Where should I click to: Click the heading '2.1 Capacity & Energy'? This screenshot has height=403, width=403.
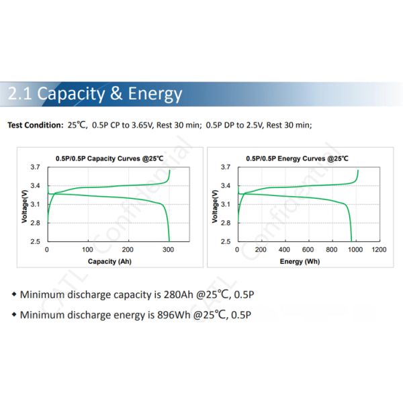pos(94,93)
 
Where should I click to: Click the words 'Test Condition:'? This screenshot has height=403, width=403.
pos(36,125)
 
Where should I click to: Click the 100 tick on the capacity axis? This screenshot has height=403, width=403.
pos(87,250)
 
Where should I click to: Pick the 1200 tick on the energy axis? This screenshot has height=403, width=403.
pos(379,250)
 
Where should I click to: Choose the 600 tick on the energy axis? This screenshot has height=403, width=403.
pos(308,250)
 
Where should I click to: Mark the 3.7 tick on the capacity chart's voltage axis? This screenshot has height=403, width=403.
pos(35,167)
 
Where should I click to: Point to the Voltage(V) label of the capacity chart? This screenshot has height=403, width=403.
pos(24,205)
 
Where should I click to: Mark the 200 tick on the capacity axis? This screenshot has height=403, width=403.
pos(128,250)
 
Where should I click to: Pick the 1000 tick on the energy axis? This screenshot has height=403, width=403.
pos(355,250)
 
